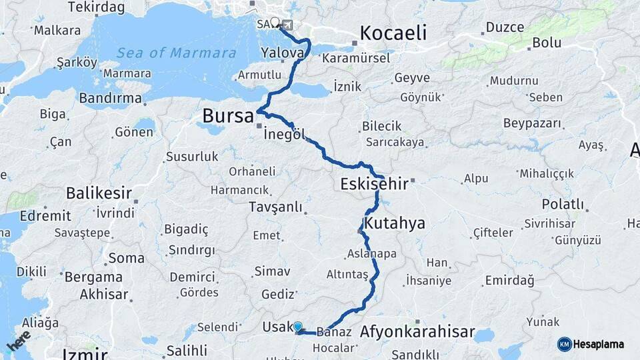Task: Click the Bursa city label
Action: tap(228, 117)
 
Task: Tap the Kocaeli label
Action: tap(393, 33)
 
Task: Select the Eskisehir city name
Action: tap(371, 183)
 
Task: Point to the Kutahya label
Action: tap(395, 223)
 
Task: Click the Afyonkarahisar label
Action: tap(417, 331)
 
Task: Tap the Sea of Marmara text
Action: tap(176, 53)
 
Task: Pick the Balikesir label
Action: tap(97, 193)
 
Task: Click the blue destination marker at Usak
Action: tap(298, 327)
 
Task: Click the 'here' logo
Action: tap(19, 341)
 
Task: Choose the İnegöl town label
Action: tap(285, 135)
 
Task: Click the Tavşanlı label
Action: tap(275, 207)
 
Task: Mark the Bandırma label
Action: tap(110, 99)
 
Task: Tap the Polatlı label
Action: tap(563, 204)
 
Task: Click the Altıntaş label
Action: tap(347, 275)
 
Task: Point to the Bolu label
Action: tap(546, 44)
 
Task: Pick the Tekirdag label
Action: tap(96, 7)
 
